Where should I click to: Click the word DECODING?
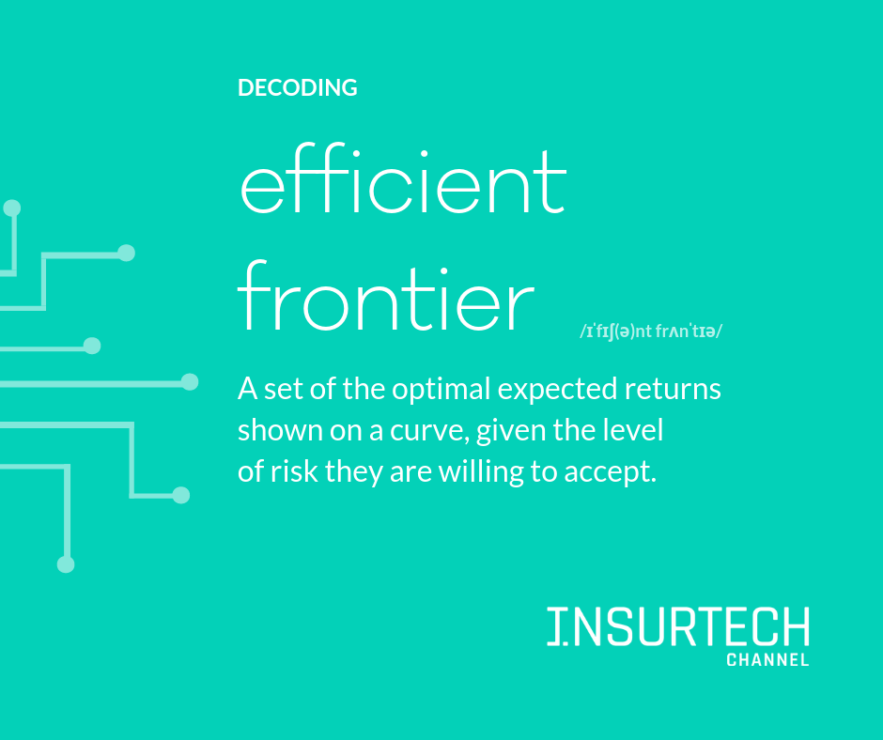click(x=298, y=88)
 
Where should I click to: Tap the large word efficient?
click(x=403, y=178)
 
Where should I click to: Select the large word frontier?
click(x=386, y=295)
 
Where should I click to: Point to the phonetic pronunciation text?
click(x=650, y=331)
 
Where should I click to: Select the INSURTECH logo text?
click(x=678, y=626)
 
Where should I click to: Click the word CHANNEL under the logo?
click(x=767, y=660)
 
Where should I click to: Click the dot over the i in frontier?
click(x=444, y=272)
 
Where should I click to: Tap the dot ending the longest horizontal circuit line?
click(x=190, y=382)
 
